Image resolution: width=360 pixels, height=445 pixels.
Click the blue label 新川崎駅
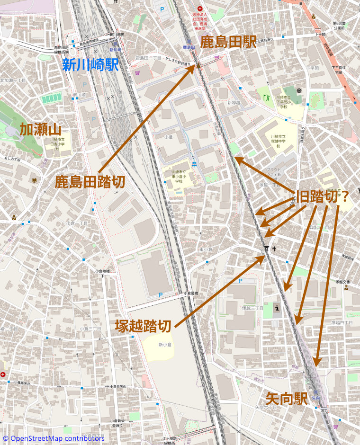coord(90,65)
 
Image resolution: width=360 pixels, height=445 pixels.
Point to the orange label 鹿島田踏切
coord(90,182)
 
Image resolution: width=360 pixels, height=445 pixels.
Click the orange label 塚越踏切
coord(143,326)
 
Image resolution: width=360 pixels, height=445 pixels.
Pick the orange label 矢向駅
coord(286,399)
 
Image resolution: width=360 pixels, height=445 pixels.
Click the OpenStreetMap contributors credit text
coord(53,438)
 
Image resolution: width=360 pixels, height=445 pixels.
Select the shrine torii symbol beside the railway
coord(266,249)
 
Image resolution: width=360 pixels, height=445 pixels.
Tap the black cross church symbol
coord(273,249)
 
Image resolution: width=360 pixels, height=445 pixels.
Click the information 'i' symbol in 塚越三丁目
coord(277,308)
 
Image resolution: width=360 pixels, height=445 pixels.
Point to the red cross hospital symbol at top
coord(199,9)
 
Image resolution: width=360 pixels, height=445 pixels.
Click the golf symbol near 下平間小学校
coord(265,97)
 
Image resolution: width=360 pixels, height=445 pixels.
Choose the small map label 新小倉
coord(164,345)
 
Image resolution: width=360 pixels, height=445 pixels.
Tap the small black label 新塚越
coord(234,103)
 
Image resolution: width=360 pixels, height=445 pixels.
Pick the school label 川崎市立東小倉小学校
coord(178,176)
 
